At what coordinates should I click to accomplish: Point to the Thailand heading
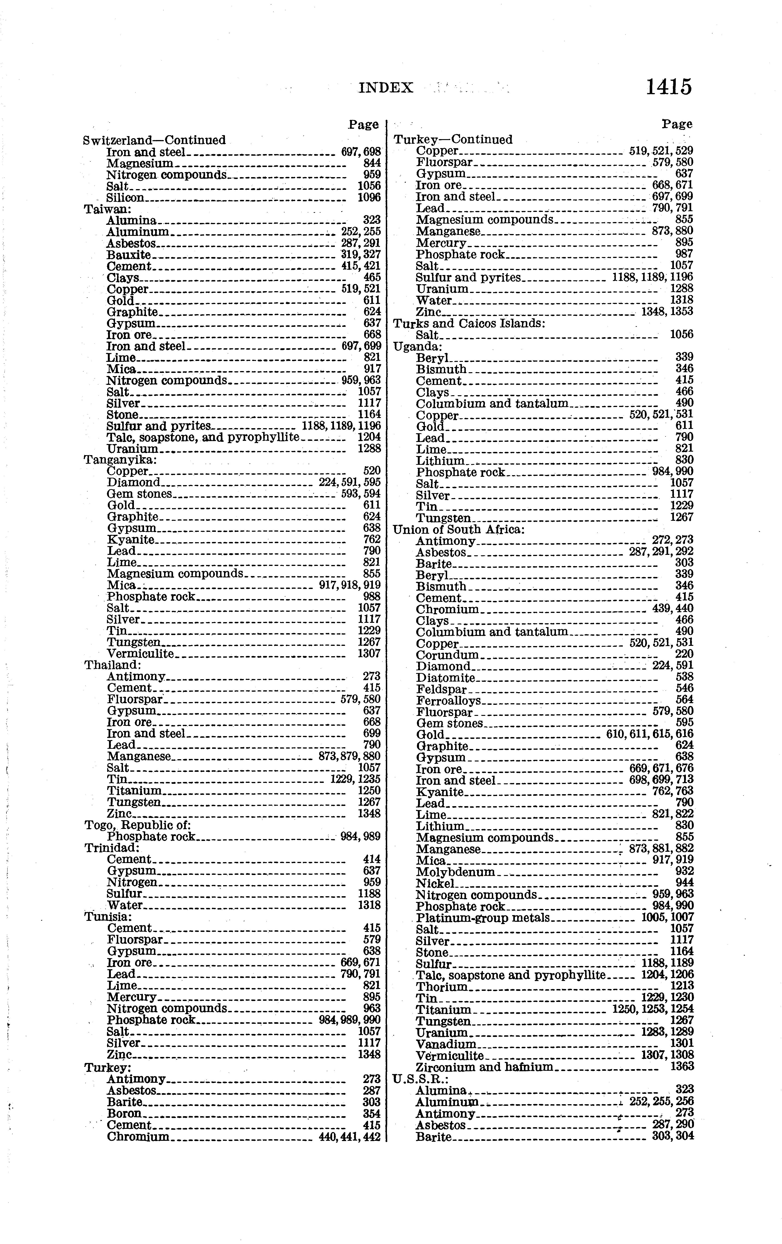[x=113, y=665]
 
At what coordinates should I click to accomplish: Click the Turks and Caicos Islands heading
[x=469, y=323]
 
